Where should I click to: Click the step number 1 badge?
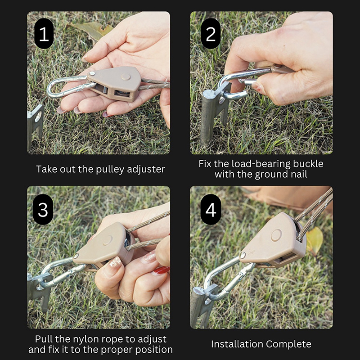(x=44, y=33)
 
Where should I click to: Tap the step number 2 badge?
(x=211, y=33)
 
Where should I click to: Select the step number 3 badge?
(x=43, y=209)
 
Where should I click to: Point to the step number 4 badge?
(x=211, y=209)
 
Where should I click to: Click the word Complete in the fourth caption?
(x=288, y=344)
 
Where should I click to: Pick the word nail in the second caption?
(x=299, y=174)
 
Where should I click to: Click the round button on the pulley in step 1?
(x=126, y=76)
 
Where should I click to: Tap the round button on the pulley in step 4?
(x=276, y=235)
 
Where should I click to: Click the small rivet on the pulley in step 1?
(x=92, y=73)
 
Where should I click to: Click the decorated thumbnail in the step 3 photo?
(x=115, y=262)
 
